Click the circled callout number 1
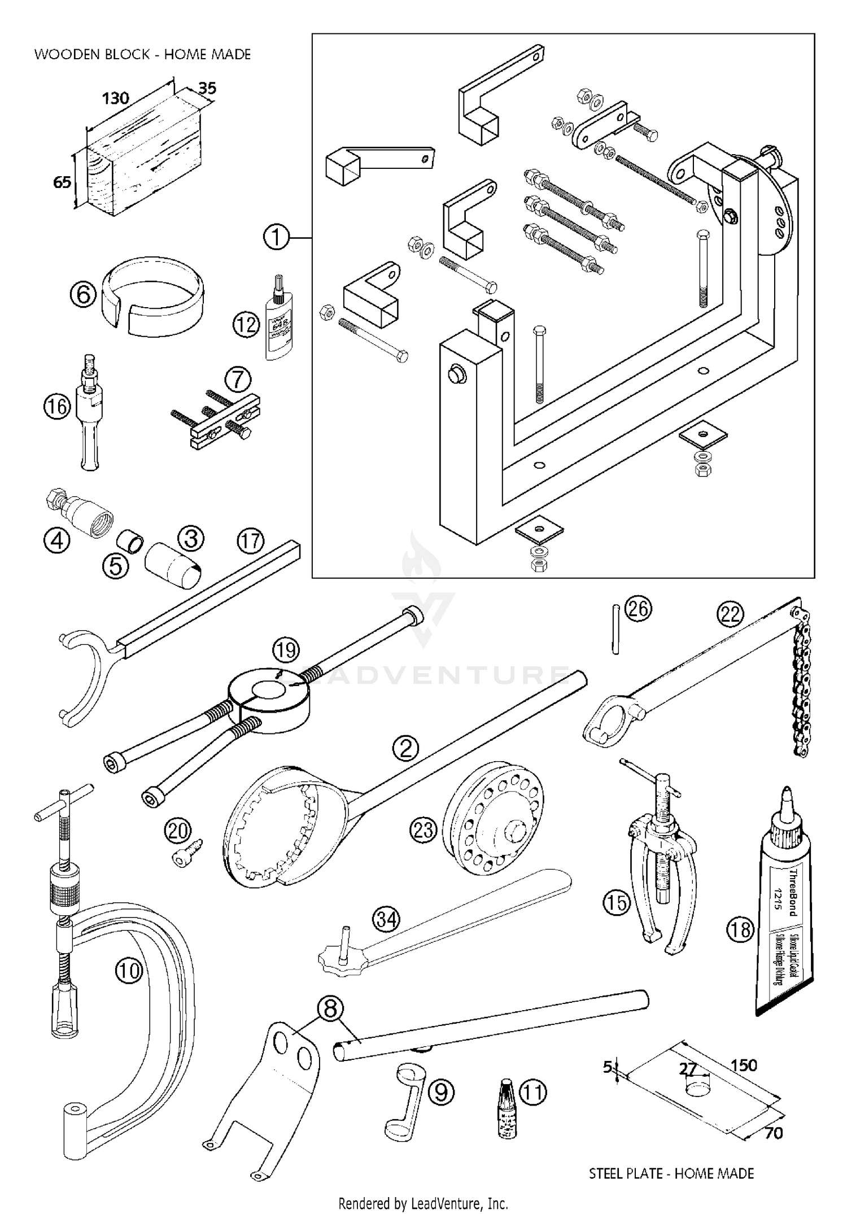276,238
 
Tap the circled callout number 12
247,325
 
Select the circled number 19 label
286,650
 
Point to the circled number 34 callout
387,920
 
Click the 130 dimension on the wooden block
116,98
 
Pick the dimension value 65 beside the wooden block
62,182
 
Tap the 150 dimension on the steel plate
744,1065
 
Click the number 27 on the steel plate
687,1069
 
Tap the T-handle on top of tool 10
63,801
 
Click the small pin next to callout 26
616,629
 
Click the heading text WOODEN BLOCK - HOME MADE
142,55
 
